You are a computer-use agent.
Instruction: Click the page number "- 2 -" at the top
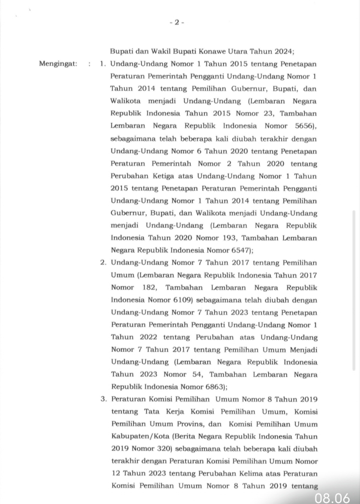tap(177, 22)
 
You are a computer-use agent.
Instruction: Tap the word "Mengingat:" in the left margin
tap(58, 64)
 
